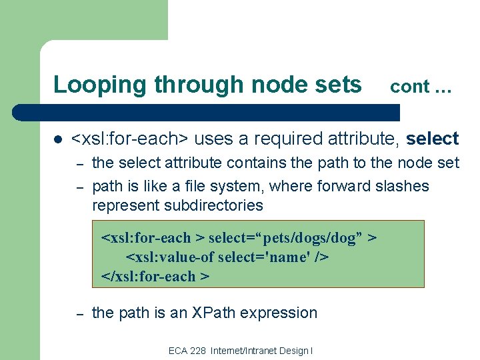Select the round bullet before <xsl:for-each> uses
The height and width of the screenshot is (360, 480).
[x=58, y=139]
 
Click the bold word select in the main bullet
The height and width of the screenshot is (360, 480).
[x=432, y=139]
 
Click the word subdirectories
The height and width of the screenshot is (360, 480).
[x=177, y=205]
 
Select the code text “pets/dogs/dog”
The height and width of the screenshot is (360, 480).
[x=312, y=238]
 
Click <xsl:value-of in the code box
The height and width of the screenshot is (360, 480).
[x=167, y=257]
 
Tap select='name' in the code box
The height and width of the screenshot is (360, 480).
[x=259, y=257]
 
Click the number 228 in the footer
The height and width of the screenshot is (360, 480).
[x=198, y=351]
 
